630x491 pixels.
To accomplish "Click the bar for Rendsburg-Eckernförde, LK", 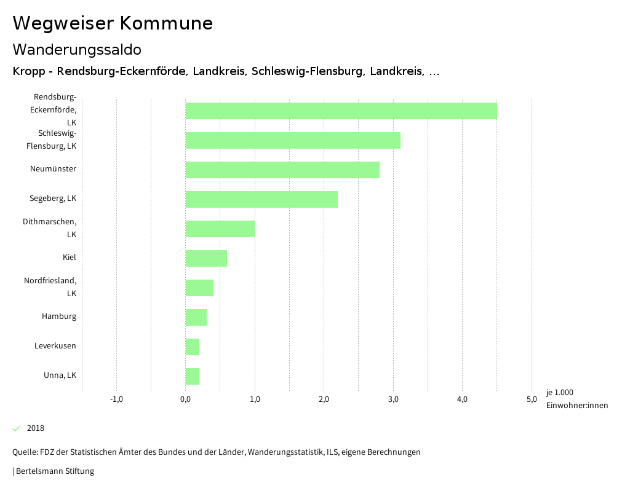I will coord(341,111).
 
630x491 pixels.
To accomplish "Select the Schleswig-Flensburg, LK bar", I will coord(293,140).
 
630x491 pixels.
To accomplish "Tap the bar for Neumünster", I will coord(282,170).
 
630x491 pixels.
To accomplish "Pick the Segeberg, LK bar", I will coord(261,199).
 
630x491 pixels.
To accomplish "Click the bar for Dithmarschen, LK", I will coord(220,229).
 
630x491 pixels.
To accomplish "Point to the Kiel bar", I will coord(206,258).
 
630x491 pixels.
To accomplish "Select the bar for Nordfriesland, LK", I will coord(199,288).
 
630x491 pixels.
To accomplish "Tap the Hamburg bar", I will coord(196,317).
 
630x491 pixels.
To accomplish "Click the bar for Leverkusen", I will coord(193,347).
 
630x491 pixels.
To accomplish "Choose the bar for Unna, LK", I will coord(193,376).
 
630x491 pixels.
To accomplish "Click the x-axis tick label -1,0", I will coord(116,399).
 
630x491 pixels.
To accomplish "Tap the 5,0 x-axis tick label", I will coord(532,399).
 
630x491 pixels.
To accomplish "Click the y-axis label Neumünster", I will coord(53,169).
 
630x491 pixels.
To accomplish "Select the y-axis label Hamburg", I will coord(59,316).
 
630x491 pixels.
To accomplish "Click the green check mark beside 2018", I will coord(17,428).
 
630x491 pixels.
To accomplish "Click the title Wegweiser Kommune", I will coord(113,23).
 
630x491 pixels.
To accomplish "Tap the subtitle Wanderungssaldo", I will coord(77,49).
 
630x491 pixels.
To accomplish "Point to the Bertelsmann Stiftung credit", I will coord(54,471).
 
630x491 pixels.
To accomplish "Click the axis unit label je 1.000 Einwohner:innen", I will coord(576,399).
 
